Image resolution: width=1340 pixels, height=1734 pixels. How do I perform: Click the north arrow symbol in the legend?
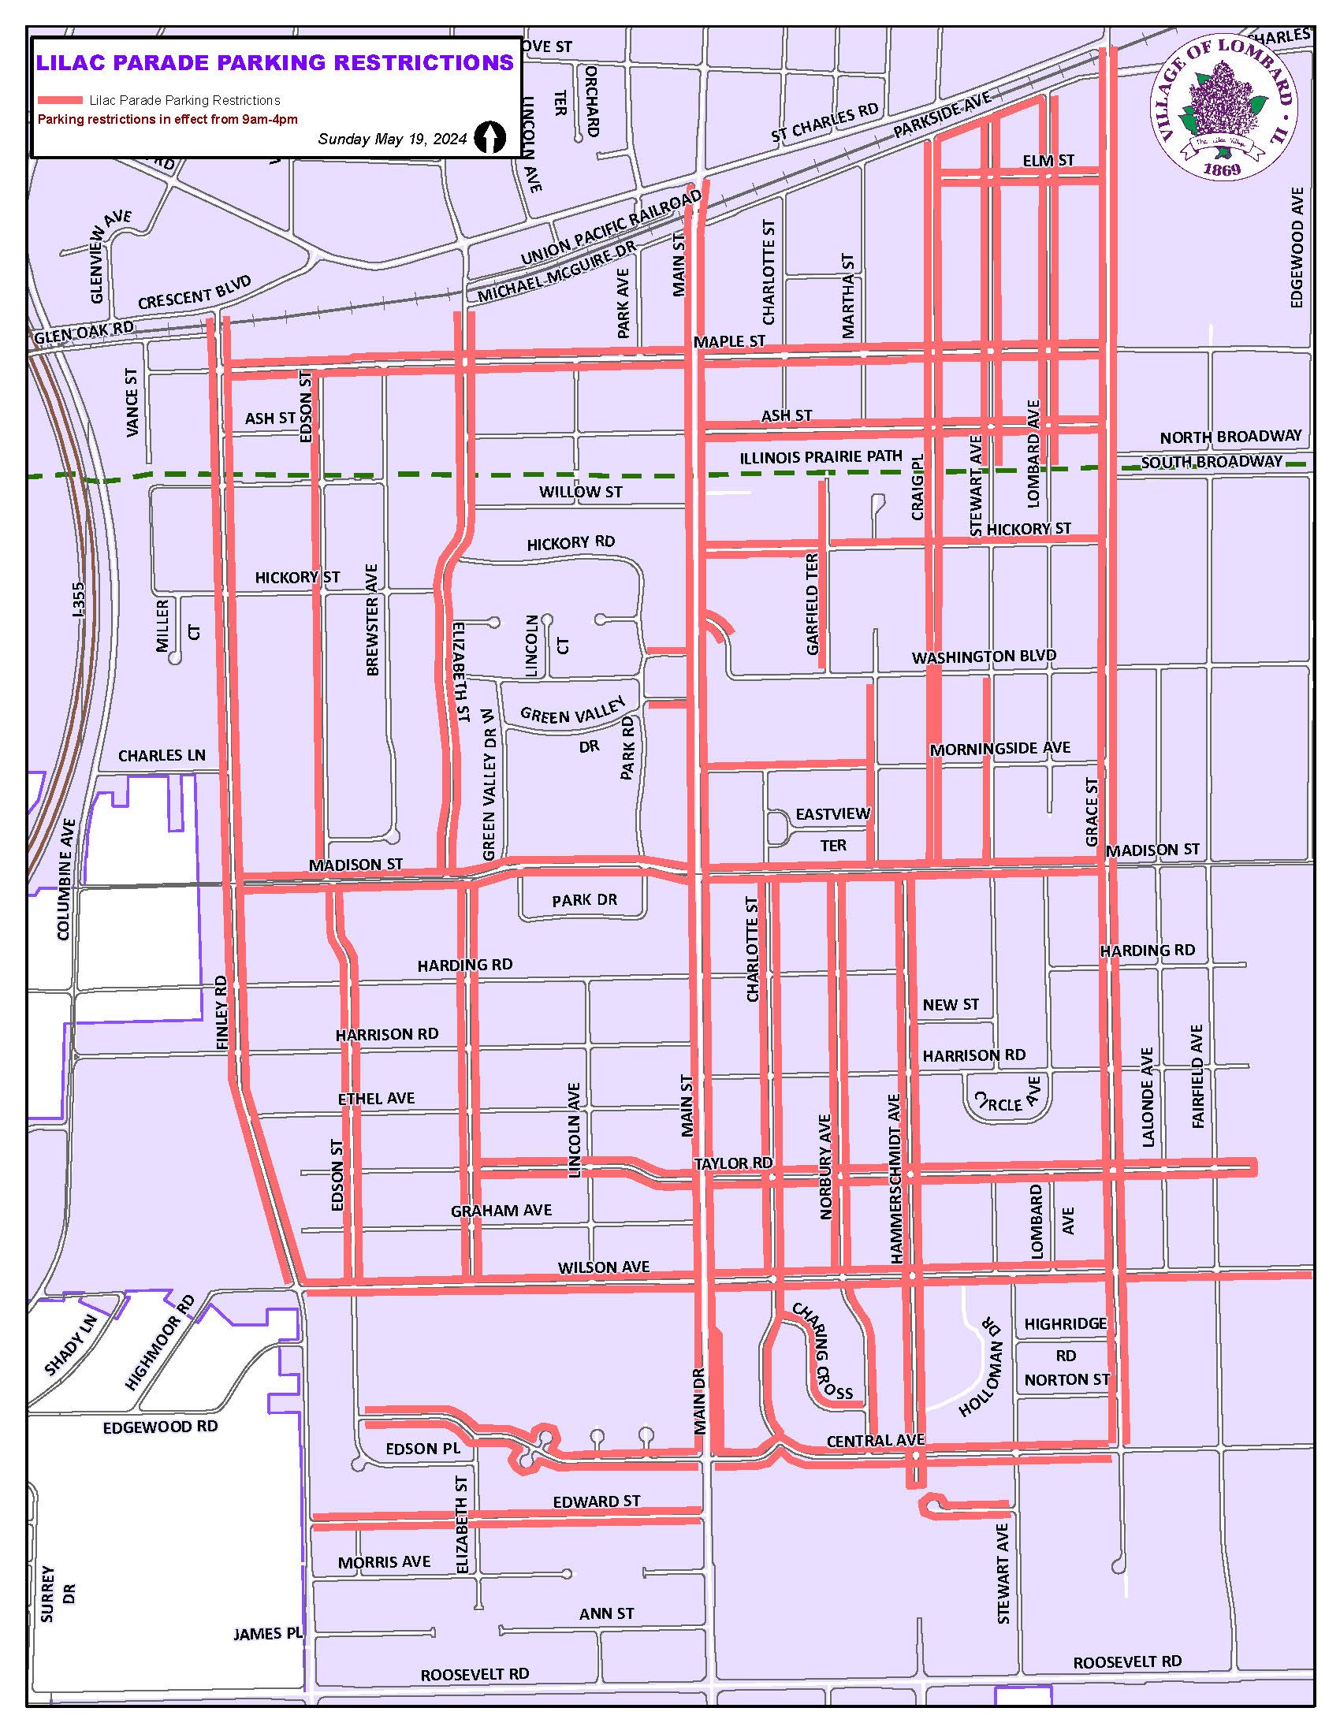(x=489, y=137)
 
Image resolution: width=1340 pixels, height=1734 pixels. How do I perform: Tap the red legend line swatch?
(x=61, y=100)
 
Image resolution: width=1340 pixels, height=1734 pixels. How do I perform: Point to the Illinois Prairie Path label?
(x=821, y=456)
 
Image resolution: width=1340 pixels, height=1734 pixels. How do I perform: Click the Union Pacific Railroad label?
(x=611, y=229)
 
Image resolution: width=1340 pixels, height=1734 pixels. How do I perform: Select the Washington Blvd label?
(x=984, y=657)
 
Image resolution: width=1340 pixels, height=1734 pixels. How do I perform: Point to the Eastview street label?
(x=832, y=814)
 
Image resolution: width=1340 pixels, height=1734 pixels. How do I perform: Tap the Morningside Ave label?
(x=1000, y=748)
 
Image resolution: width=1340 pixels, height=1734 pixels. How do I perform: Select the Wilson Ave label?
(x=603, y=1267)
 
